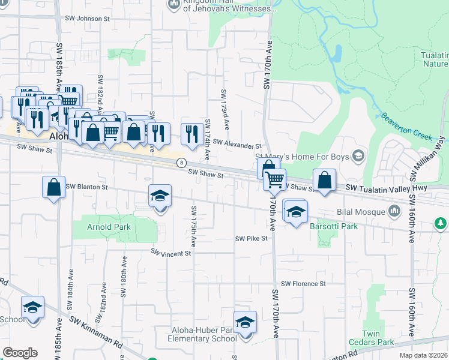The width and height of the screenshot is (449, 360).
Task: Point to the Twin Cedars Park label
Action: click(378, 338)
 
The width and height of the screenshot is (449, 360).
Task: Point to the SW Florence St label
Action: click(303, 283)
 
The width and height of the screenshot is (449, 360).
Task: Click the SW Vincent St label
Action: click(170, 253)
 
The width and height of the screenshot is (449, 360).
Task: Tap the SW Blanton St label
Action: click(86, 187)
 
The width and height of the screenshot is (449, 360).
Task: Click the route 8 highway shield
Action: click(181, 163)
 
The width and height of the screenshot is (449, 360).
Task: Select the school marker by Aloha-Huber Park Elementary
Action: click(245, 323)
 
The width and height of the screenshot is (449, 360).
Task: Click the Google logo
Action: click(20, 353)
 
